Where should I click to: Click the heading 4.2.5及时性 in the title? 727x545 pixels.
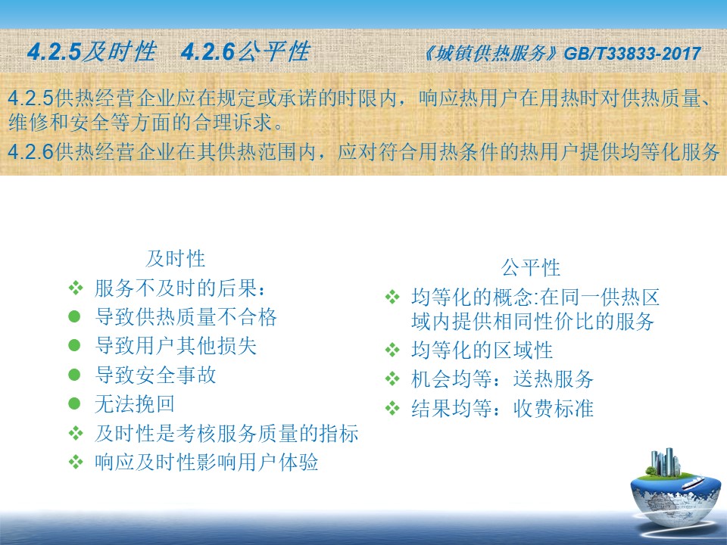[x=92, y=51]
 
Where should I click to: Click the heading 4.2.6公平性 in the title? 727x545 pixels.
[x=245, y=51]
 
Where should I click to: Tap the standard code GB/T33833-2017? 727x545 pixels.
[x=632, y=54]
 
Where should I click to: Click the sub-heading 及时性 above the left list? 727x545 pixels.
[x=175, y=259]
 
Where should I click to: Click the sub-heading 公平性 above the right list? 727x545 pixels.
[x=531, y=267]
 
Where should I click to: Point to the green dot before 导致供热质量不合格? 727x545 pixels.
[x=74, y=316]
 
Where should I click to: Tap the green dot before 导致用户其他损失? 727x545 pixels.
[x=74, y=346]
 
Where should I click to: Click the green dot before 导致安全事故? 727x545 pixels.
[x=74, y=375]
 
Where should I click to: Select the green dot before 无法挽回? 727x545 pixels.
[x=74, y=403]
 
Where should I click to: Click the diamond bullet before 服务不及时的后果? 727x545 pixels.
[x=76, y=288]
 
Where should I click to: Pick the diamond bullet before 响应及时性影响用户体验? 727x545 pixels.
[x=76, y=462]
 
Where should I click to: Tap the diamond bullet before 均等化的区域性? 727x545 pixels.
[x=392, y=350]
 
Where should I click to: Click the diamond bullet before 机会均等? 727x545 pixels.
[x=392, y=379]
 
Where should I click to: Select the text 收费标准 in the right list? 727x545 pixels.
[x=553, y=408]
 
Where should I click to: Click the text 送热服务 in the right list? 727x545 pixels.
[x=553, y=379]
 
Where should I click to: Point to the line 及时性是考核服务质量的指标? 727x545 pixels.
[x=226, y=433]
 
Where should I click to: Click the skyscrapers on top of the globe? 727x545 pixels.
[x=666, y=462]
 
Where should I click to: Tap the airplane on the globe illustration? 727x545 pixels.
[x=693, y=484]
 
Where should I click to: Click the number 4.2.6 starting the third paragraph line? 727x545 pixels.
[x=31, y=151]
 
